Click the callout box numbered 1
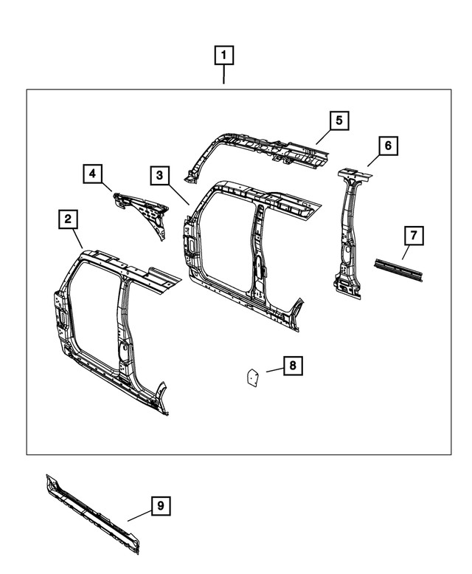coord(224,55)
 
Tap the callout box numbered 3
coord(159,175)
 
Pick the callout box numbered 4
coord(92,174)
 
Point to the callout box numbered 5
coord(339,120)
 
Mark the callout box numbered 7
coord(413,236)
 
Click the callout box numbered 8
coord(292,365)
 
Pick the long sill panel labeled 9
coord(92,510)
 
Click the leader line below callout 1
coord(224,75)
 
